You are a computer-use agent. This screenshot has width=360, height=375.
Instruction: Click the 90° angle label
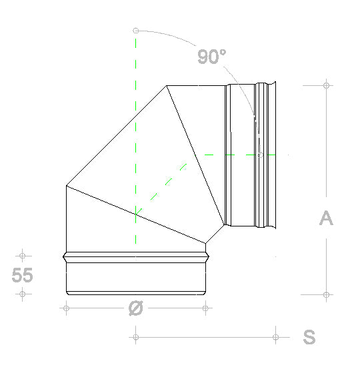[x=212, y=57]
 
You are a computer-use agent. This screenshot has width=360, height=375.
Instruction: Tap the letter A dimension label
[x=326, y=218]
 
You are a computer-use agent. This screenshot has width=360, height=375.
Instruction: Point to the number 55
[x=23, y=275]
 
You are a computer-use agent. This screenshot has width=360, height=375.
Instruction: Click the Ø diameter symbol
[x=135, y=308]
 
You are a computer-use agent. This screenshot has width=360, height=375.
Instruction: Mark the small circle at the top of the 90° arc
[x=135, y=31]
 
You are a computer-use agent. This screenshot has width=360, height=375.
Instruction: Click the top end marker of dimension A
[x=326, y=85]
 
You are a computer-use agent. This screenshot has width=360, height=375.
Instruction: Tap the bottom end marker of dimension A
[x=326, y=294]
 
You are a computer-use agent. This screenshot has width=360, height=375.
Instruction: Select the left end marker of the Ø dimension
[x=66, y=308]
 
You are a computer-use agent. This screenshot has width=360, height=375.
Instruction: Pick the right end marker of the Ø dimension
[x=206, y=308]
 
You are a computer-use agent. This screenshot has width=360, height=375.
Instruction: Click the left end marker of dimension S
[x=135, y=337]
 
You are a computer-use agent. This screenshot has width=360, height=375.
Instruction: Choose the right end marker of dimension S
[x=276, y=337]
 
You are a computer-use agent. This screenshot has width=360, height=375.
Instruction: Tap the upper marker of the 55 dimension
[x=23, y=255]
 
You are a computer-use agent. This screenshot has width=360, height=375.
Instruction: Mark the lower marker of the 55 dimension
[x=23, y=294]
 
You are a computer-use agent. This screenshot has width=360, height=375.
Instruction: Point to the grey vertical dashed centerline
[x=135, y=133]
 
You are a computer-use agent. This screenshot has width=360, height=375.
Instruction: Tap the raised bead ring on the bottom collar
[x=136, y=256]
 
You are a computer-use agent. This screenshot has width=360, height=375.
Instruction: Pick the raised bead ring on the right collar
[x=269, y=155]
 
